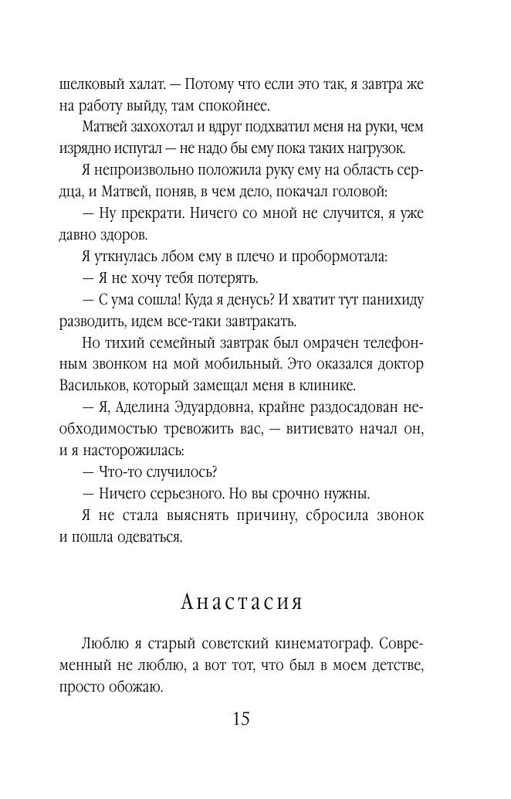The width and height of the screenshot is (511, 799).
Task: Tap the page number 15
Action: (x=240, y=718)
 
